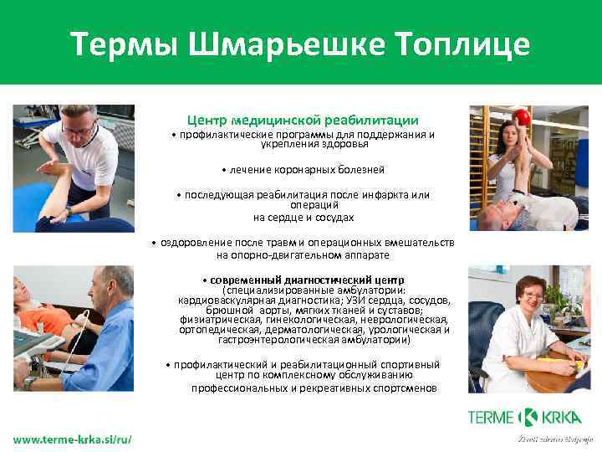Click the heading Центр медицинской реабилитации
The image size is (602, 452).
click(x=303, y=121)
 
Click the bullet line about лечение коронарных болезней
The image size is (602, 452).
click(x=304, y=170)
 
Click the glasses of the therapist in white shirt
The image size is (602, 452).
click(x=82, y=131)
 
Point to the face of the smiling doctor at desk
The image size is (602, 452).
click(x=532, y=294)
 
